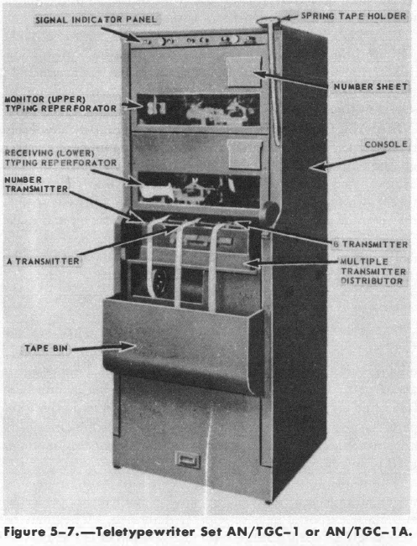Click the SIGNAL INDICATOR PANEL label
coord(96,19)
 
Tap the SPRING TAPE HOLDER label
coord(353,16)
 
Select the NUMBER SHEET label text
coord(371,86)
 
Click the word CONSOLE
coord(386,144)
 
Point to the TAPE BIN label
coord(46,348)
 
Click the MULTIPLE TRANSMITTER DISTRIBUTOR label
coord(373,271)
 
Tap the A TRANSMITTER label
coord(43,261)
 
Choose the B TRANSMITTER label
coord(370,244)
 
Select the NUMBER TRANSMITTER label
coord(36,185)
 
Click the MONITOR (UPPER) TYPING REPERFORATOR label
coord(60,104)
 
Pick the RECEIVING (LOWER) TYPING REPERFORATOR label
coord(60,158)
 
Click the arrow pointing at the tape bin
coord(103,347)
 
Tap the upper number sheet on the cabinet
coord(243,72)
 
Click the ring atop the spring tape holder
coord(268,21)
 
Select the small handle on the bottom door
coord(188,460)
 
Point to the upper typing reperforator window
coord(198,110)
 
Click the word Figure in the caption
coord(24,532)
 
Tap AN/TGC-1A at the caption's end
coord(368,532)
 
